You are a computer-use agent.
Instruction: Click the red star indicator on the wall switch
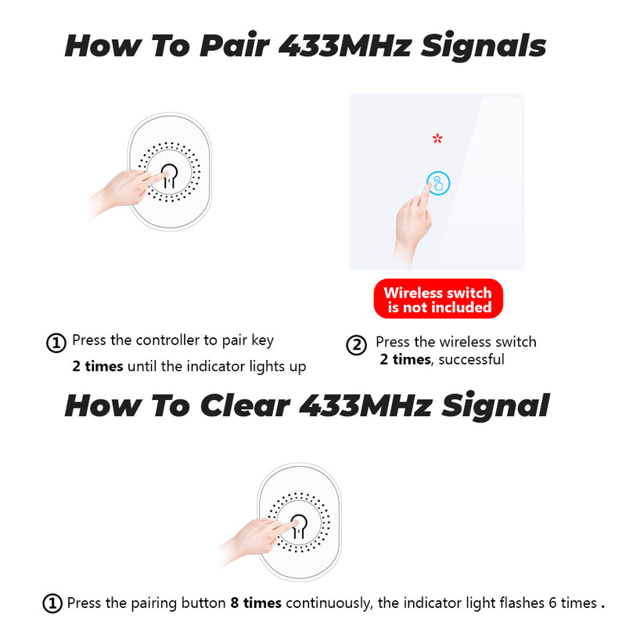pyautogui.click(x=437, y=139)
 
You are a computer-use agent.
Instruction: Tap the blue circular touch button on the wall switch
pyautogui.click(x=438, y=183)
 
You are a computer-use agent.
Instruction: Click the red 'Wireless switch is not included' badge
pyautogui.click(x=438, y=299)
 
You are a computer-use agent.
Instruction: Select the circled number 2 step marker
pyautogui.click(x=356, y=345)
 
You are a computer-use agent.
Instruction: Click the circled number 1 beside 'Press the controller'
pyautogui.click(x=56, y=343)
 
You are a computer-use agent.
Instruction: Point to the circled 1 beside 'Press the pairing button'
pyautogui.click(x=52, y=603)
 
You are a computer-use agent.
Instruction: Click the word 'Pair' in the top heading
pyautogui.click(x=234, y=45)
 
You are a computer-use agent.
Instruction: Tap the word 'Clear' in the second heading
pyautogui.click(x=245, y=405)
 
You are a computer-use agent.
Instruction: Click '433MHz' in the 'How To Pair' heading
pyautogui.click(x=345, y=45)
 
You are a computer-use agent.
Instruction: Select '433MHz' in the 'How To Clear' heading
pyautogui.click(x=365, y=405)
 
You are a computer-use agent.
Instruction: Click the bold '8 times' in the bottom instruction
pyautogui.click(x=256, y=603)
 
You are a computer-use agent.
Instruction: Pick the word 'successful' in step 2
pyautogui.click(x=472, y=359)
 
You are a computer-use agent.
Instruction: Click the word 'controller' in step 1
pyautogui.click(x=167, y=340)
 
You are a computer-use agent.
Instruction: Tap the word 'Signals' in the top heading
pyautogui.click(x=483, y=46)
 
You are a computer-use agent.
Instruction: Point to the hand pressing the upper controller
pyautogui.click(x=124, y=192)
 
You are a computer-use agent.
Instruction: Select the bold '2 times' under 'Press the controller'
pyautogui.click(x=98, y=366)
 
